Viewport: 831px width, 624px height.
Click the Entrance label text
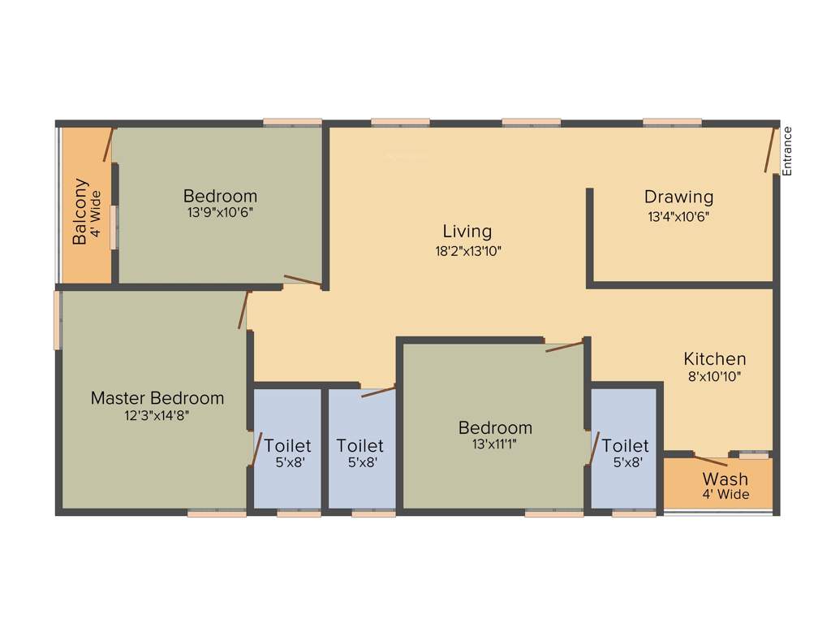click(786, 151)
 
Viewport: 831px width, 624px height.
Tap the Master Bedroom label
click(157, 398)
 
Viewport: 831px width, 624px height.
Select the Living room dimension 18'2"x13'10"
click(468, 251)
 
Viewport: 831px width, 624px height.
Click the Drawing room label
click(678, 197)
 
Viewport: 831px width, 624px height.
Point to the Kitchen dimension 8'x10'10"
click(714, 376)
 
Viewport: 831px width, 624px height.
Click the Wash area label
click(725, 479)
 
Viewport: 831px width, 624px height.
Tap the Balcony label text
click(80, 211)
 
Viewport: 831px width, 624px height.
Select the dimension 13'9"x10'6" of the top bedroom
click(220, 212)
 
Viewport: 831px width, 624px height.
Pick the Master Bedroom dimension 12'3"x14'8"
click(157, 415)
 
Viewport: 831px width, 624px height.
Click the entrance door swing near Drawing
click(769, 149)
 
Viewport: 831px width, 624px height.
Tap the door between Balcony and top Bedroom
click(107, 145)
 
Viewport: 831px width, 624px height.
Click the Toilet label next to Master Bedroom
click(287, 446)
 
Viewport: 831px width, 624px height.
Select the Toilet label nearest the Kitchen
click(625, 446)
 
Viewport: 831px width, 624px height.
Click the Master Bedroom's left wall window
click(58, 320)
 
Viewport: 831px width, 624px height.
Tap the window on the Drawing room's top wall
click(672, 123)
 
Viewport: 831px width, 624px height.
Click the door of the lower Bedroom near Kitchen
click(564, 347)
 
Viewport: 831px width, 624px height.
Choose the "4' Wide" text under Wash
click(726, 494)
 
